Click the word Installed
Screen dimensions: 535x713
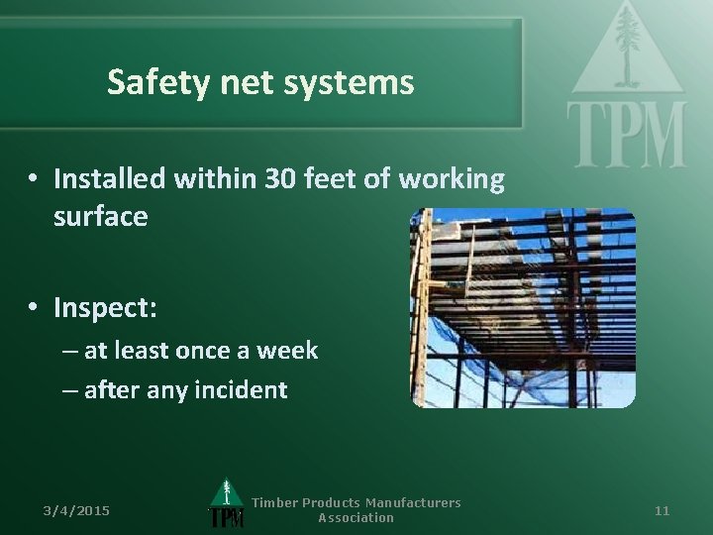[x=109, y=179]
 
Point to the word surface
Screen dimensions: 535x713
[x=100, y=217]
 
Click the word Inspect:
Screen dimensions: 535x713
[x=105, y=308]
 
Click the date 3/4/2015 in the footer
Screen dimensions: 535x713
[x=76, y=510]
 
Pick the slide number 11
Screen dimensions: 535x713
[x=662, y=510]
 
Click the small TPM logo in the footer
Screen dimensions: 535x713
[x=226, y=505]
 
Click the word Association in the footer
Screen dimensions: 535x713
[x=356, y=518]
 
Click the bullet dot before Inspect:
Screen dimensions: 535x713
[x=33, y=309]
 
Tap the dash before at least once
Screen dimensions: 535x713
[x=68, y=351]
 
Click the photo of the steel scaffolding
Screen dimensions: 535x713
[x=522, y=308]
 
